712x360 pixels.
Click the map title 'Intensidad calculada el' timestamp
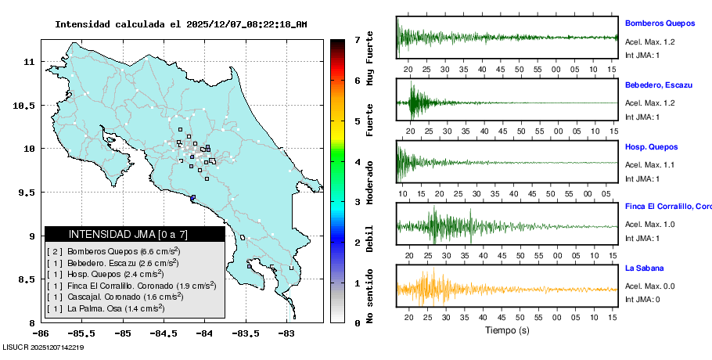point(181,24)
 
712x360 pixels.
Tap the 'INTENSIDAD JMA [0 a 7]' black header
point(135,234)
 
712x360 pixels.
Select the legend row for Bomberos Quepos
point(113,251)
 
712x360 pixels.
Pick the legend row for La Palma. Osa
point(106,308)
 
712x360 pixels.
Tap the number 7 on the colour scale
point(356,39)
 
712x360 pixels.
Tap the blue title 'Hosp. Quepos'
point(651,146)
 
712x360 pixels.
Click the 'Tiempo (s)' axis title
point(506,330)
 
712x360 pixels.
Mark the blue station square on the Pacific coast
point(192,197)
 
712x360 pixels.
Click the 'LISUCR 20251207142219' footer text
point(44,347)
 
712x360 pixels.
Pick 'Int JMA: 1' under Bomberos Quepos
point(642,55)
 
